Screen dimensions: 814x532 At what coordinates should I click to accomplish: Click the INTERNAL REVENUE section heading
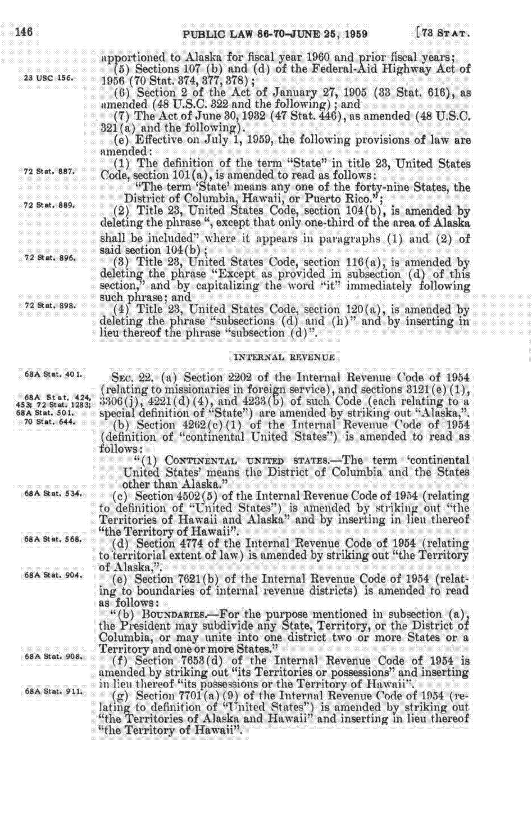284,357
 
